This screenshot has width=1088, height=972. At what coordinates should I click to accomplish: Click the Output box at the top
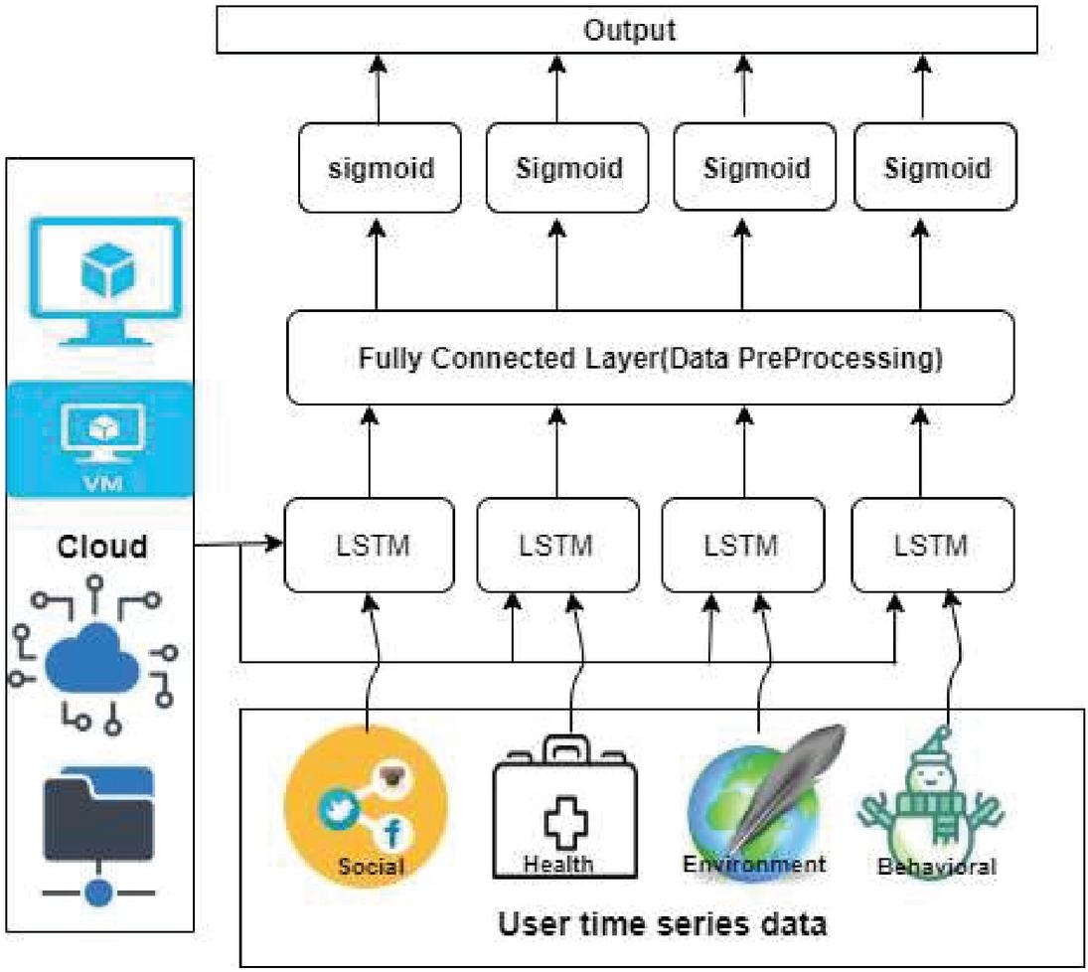(x=628, y=30)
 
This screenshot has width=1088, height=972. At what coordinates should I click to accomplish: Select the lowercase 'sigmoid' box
(x=382, y=167)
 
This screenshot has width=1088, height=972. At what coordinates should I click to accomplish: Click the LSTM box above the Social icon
(x=370, y=545)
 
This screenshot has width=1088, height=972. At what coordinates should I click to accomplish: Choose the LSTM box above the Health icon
(x=557, y=545)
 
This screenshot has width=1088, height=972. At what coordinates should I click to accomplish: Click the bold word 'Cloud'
(x=102, y=546)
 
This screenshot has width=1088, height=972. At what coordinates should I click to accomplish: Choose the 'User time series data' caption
(x=662, y=924)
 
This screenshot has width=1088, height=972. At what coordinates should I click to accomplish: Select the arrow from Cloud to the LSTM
(x=238, y=545)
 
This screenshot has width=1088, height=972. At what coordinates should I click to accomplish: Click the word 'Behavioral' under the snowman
(x=936, y=867)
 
